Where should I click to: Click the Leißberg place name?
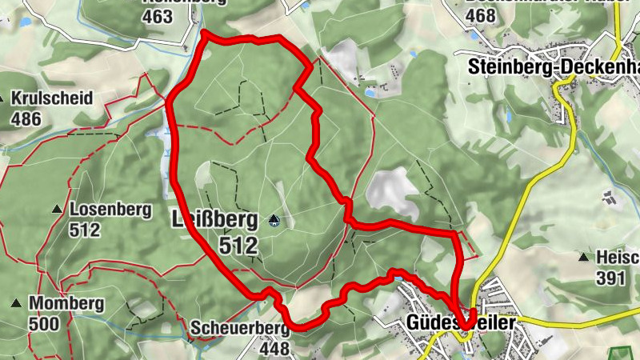click(214, 218)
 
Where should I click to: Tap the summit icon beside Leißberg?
click(274, 219)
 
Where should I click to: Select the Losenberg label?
click(110, 210)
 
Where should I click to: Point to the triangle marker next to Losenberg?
click(58, 210)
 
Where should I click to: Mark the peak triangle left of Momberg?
click(16, 303)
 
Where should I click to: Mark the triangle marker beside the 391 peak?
click(585, 258)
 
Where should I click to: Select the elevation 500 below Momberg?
click(45, 324)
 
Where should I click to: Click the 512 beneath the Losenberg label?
click(86, 231)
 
